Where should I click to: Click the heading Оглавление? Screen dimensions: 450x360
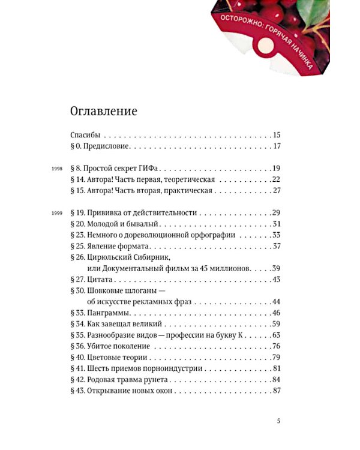pyautogui.click(x=104, y=111)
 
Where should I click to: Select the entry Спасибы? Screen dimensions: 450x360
pyautogui.click(x=85, y=135)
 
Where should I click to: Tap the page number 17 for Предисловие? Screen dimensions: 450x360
pyautogui.click(x=277, y=146)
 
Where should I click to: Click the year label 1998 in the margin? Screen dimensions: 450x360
pyautogui.click(x=56, y=169)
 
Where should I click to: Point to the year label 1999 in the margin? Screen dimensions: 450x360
pyautogui.click(x=56, y=214)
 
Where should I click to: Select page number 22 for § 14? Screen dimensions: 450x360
pyautogui.click(x=277, y=179)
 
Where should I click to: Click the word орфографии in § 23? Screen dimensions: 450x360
pyautogui.click(x=213, y=235)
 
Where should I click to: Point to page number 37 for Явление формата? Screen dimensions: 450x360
pyautogui.click(x=277, y=247)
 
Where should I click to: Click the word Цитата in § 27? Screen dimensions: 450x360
pyautogui.click(x=99, y=280)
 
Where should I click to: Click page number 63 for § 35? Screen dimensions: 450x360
pyautogui.click(x=277, y=335)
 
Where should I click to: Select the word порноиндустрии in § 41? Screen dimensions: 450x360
pyautogui.click(x=173, y=368)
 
